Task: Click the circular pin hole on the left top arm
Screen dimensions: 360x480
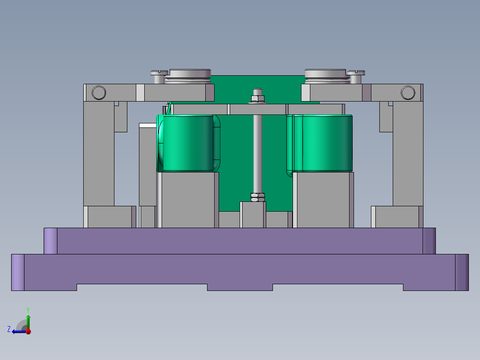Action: click(98, 93)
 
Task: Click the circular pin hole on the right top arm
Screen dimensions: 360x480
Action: click(407, 93)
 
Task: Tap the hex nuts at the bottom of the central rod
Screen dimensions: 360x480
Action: click(257, 197)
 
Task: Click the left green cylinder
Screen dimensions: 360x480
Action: click(187, 143)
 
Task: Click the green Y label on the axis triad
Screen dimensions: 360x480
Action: click(28, 309)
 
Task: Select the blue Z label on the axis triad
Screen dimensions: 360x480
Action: click(9, 329)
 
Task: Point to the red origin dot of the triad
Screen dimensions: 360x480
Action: click(28, 331)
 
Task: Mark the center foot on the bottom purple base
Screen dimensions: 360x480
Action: click(240, 287)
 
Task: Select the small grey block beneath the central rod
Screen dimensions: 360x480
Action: click(252, 215)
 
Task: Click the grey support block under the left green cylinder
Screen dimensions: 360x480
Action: click(188, 200)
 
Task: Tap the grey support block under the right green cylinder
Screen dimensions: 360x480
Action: click(323, 200)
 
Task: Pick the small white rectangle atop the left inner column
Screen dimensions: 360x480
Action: click(147, 125)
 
